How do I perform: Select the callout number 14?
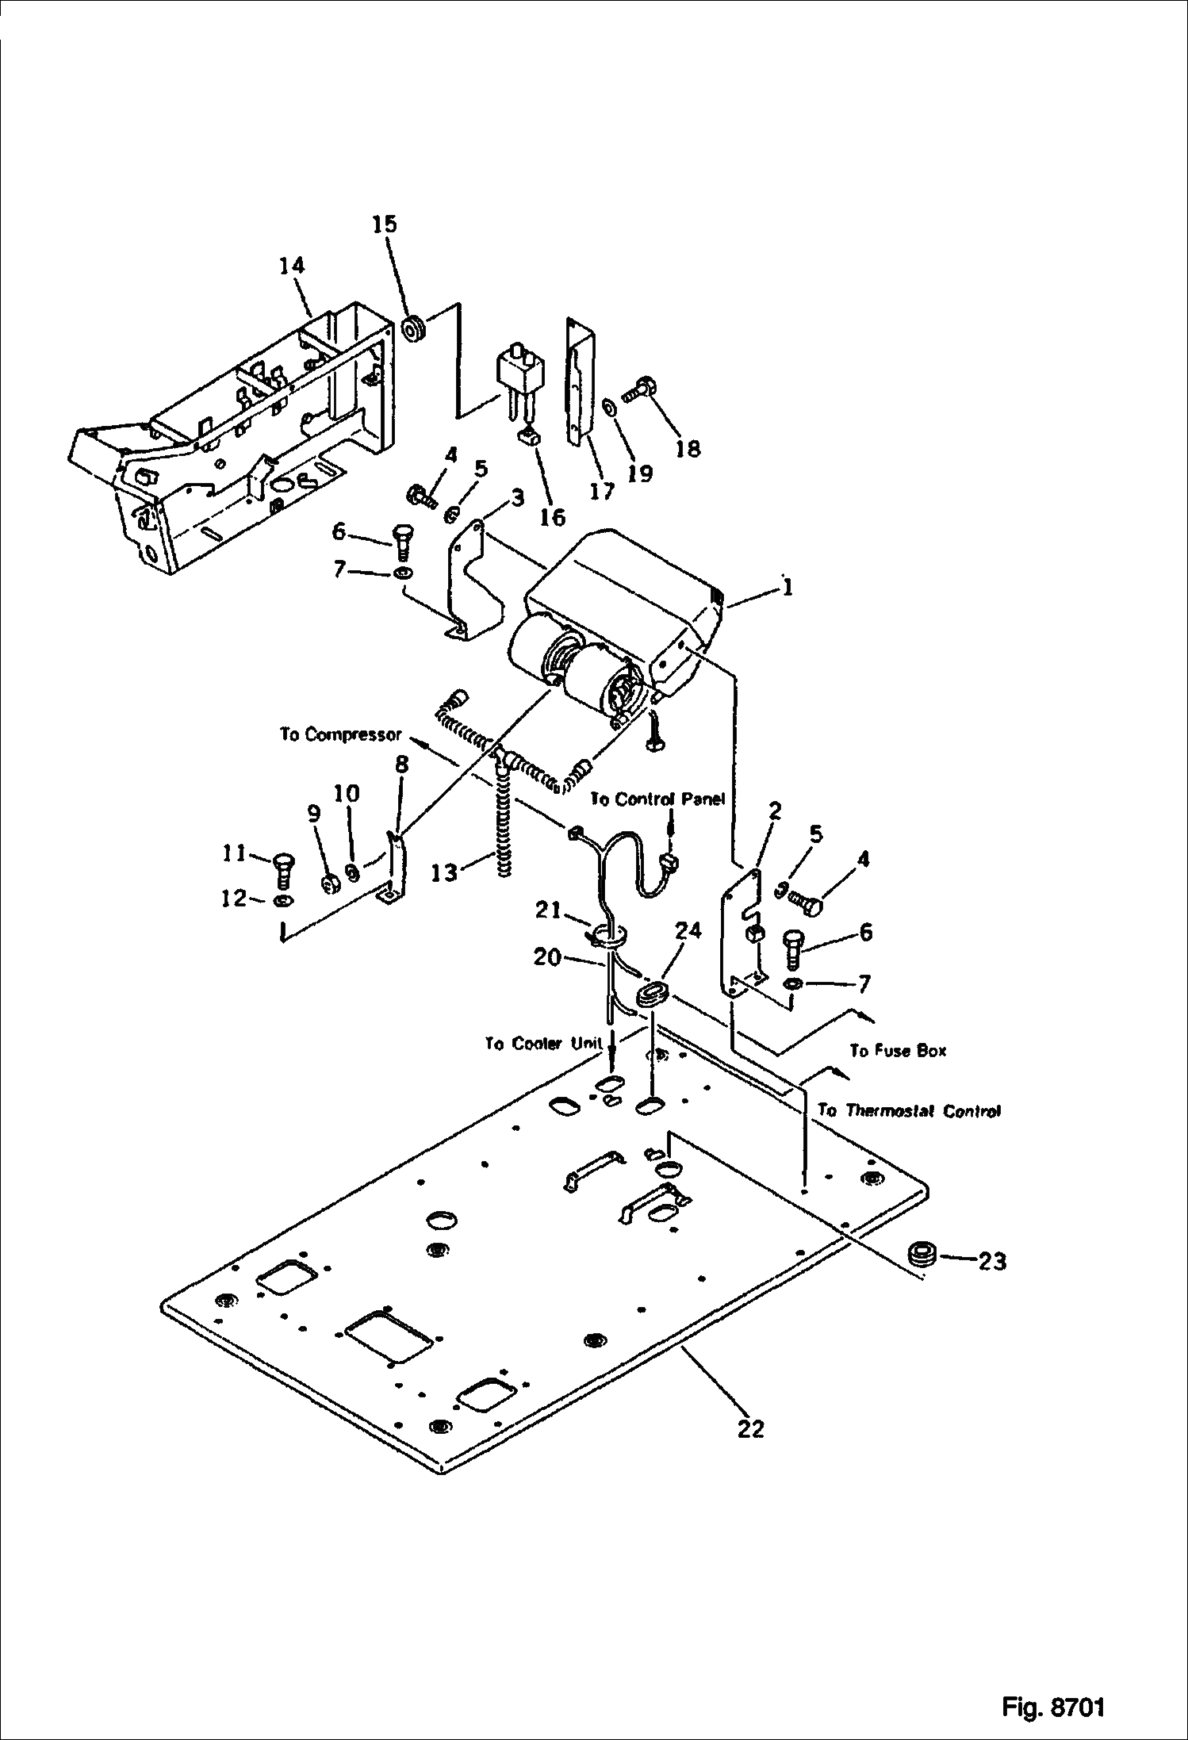tap(292, 266)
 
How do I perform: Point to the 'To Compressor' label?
tap(340, 734)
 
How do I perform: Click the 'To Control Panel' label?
tap(657, 799)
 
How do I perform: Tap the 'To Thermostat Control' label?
tap(909, 1110)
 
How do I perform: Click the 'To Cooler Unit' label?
tap(544, 1044)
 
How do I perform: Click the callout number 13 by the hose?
tap(444, 872)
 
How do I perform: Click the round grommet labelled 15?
tap(414, 328)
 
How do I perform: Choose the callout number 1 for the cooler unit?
tap(785, 588)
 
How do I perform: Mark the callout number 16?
tap(552, 517)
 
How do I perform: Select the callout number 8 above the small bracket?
tap(402, 765)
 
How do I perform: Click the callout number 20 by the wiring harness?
tap(547, 957)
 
